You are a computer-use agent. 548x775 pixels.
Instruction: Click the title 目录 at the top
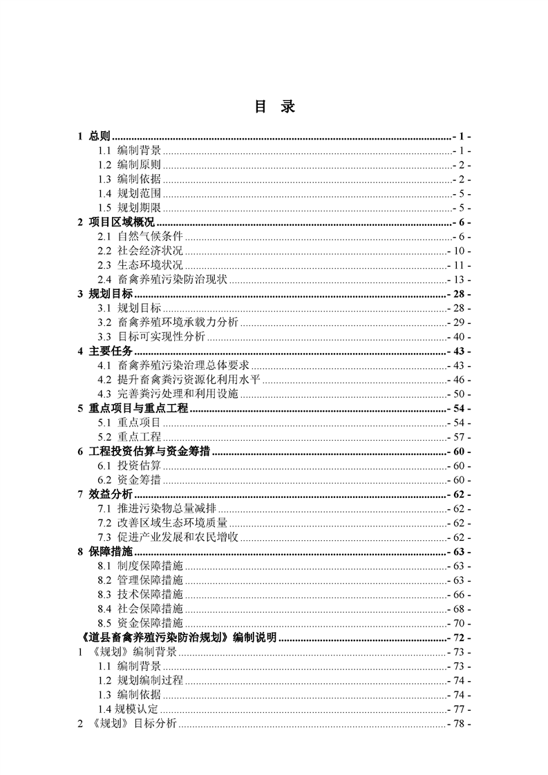tap(274, 107)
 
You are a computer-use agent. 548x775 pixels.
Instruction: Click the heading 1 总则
tap(95, 136)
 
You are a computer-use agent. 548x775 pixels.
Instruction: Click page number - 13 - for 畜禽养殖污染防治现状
tap(460, 280)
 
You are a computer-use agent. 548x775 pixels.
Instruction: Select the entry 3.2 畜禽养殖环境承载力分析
tap(168, 323)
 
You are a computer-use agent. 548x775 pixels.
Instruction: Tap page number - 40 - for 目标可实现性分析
tap(460, 337)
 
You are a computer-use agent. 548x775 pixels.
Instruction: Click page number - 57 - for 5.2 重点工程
tap(460, 437)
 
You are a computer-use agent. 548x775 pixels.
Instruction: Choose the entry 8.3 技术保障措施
tap(140, 595)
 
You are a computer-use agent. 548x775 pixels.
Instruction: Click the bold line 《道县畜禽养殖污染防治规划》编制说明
tap(178, 638)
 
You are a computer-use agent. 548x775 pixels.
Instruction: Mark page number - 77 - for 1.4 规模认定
tap(460, 709)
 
